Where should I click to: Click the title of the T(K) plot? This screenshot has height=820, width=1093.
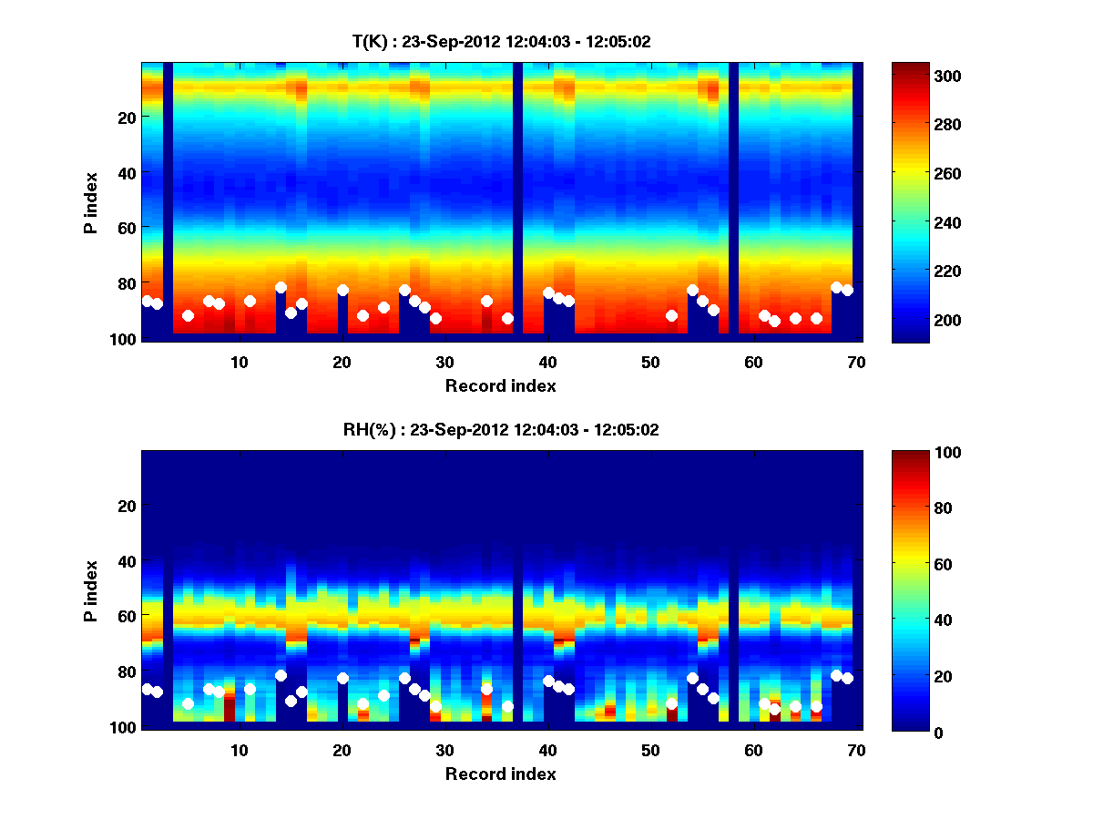pos(501,41)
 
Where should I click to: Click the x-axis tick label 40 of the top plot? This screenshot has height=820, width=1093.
pos(547,362)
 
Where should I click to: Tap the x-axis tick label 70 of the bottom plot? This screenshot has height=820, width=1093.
pos(856,750)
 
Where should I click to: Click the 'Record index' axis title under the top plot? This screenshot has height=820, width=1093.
pos(500,385)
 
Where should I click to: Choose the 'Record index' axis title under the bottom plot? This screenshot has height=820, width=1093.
pos(500,774)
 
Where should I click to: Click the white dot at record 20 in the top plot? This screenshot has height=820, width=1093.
pos(342,291)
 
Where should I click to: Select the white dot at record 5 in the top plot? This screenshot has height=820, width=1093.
pos(188,315)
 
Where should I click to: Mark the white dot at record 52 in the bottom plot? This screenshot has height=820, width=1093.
pos(671,703)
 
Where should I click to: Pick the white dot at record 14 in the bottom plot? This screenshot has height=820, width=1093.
pos(281,675)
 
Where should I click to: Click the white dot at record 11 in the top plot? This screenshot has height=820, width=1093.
pos(250,301)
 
